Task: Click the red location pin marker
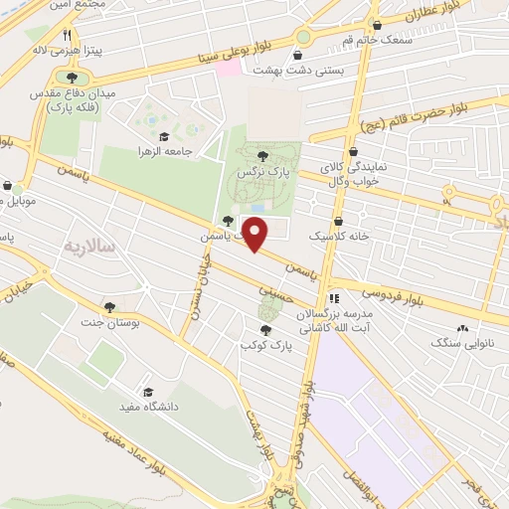coord(256,235)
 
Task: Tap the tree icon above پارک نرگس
coord(262,155)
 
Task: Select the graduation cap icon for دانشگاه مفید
coord(148,393)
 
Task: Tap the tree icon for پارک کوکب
coord(263,329)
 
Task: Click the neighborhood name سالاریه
coord(89,245)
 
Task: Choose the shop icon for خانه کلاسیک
coord(339,221)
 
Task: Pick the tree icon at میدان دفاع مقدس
coord(70,78)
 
